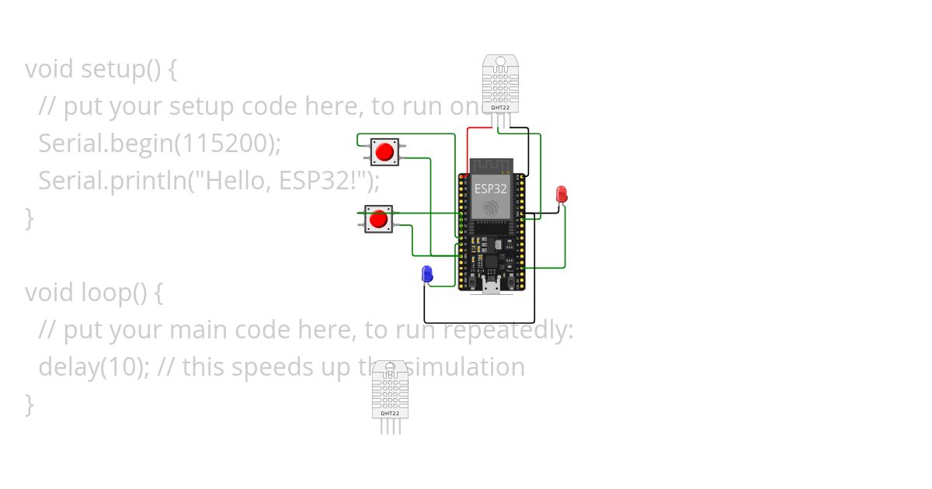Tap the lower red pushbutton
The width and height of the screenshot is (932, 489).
(378, 220)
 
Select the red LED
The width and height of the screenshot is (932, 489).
(562, 195)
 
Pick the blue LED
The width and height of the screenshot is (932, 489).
(426, 273)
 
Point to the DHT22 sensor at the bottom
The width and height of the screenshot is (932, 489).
(390, 388)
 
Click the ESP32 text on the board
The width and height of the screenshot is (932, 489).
(491, 189)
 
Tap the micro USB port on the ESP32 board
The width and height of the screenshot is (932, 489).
(490, 286)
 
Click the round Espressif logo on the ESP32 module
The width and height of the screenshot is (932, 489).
(491, 207)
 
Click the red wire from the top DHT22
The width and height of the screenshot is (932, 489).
(468, 147)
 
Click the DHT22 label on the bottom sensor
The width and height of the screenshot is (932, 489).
(390, 413)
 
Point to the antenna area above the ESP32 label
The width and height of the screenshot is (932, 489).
(491, 165)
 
